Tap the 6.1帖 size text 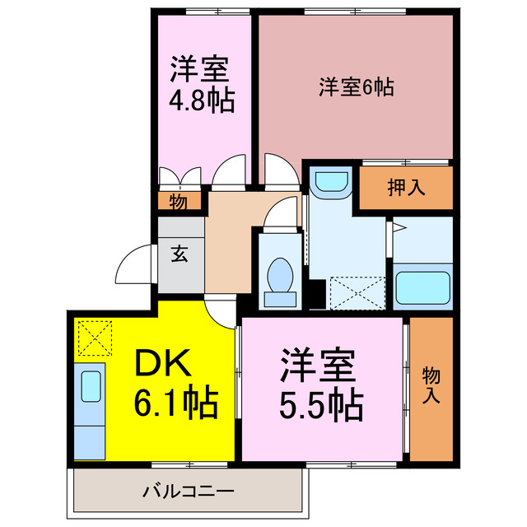pyautogui.click(x=176, y=404)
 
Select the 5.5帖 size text pyautogui.click(x=320, y=403)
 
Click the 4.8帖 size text pyautogui.click(x=202, y=100)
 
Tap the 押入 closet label pyautogui.click(x=406, y=187)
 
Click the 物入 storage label pyautogui.click(x=431, y=387)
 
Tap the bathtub pyautogui.click(x=423, y=287)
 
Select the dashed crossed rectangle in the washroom pyautogui.click(x=356, y=292)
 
